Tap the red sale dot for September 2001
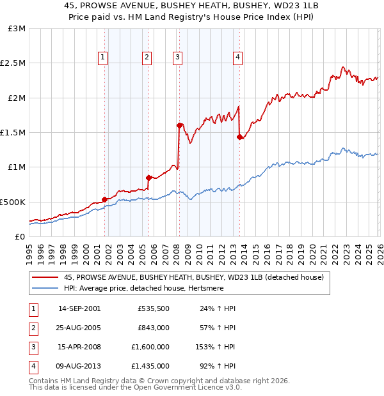point(104,199)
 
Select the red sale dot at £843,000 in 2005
point(148,178)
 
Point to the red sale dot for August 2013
point(239,137)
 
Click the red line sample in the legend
point(45,277)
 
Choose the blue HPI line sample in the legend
point(45,288)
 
